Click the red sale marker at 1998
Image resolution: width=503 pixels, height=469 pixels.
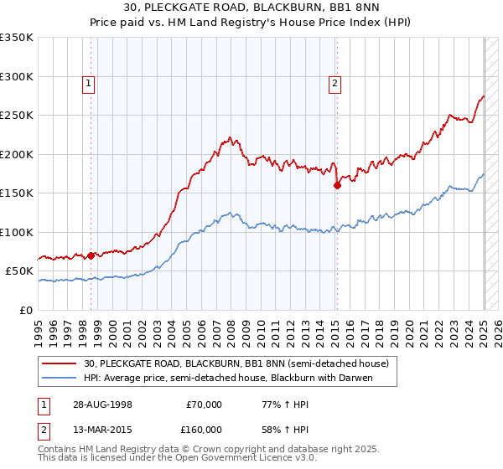tap(91, 255)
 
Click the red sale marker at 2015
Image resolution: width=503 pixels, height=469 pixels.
tap(337, 186)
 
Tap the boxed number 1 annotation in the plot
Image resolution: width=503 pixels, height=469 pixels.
tap(88, 82)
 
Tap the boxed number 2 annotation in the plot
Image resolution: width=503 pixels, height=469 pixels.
tap(334, 82)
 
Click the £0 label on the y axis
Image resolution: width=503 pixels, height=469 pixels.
tap(25, 310)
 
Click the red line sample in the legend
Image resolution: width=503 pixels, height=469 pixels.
tap(60, 364)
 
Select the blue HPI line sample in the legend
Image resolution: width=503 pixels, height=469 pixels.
tap(60, 378)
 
